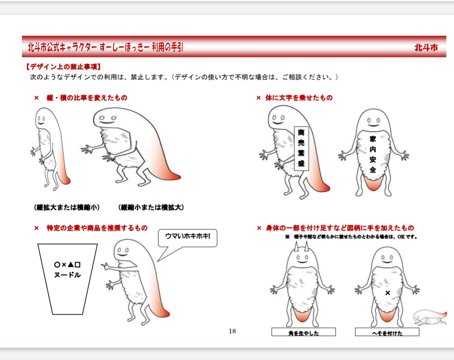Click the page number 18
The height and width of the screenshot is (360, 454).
point(232,331)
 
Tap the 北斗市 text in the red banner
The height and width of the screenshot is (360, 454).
point(426,47)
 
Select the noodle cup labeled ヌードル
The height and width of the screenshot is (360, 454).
point(67,279)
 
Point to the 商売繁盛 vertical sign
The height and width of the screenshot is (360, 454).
point(301,148)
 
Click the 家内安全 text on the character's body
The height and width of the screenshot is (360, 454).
point(372,154)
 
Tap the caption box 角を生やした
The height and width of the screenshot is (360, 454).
point(304,332)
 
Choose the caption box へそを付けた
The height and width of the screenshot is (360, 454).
point(387,332)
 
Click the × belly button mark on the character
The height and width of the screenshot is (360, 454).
point(388,293)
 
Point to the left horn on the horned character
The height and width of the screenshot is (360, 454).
point(296,247)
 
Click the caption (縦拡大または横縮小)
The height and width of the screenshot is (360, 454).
point(67,207)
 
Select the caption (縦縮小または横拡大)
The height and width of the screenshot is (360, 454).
point(151,207)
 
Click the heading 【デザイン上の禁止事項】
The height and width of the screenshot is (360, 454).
point(63,67)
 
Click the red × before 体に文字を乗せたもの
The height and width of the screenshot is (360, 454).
point(259,98)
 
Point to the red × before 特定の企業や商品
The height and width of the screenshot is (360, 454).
point(36,228)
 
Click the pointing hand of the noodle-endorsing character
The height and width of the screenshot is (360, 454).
point(106,265)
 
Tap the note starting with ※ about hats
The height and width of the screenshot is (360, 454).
point(351,237)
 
